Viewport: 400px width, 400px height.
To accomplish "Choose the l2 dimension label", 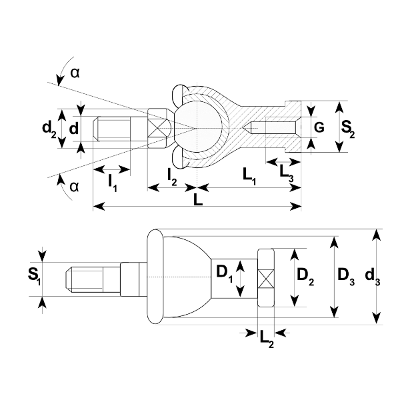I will (x=172, y=177).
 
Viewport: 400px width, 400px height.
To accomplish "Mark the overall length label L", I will (x=197, y=199).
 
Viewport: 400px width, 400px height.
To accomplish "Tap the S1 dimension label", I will (x=35, y=275).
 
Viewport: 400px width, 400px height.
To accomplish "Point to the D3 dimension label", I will (x=345, y=275).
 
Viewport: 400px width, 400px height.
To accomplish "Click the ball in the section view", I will (x=200, y=127).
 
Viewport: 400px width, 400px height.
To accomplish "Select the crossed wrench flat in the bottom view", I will (x=267, y=277).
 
